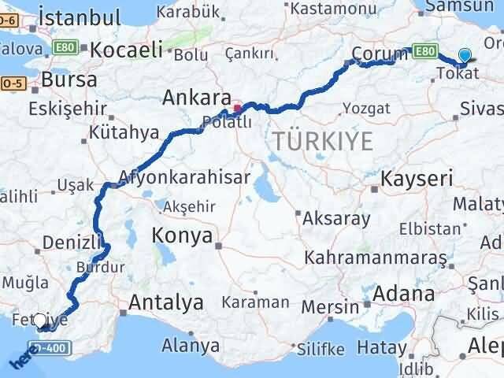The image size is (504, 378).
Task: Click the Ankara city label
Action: tap(194, 98)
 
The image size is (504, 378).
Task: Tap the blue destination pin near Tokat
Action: tap(465, 56)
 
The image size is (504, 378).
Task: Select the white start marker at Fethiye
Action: tap(41, 321)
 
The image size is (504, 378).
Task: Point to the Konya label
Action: tap(183, 235)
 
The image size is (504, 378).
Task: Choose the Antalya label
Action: tap(166, 302)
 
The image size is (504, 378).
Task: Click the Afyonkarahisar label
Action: tap(184, 176)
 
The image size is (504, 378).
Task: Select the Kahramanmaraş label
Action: tap(376, 258)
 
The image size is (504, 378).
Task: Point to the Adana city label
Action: tap(405, 295)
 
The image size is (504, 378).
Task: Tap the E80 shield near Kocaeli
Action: tap(65, 49)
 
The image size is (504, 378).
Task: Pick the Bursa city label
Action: tap(69, 80)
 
